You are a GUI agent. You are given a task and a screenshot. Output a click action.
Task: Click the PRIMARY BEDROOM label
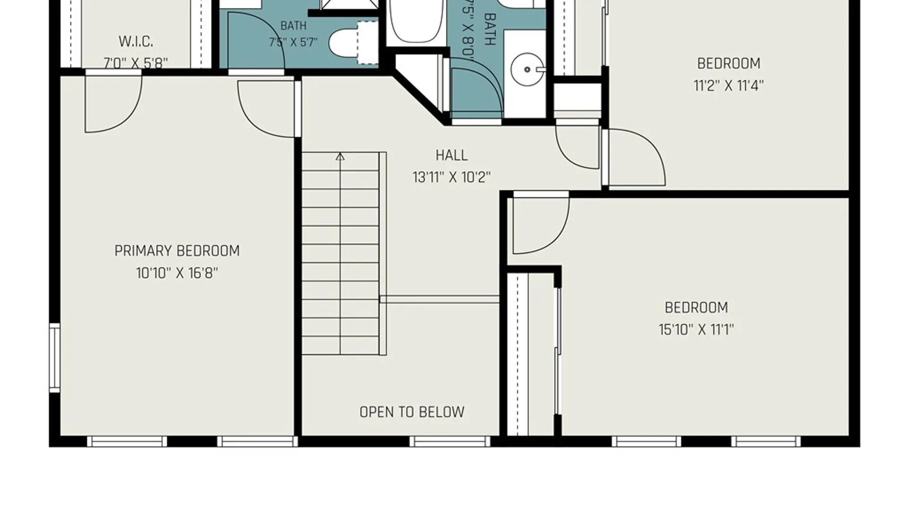(x=177, y=251)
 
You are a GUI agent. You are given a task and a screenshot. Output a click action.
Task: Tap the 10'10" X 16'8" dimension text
(x=177, y=273)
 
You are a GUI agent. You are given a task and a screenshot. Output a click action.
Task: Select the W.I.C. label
(x=136, y=42)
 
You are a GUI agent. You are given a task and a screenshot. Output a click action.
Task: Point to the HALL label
(x=452, y=155)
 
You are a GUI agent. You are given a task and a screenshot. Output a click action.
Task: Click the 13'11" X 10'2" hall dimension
(x=452, y=177)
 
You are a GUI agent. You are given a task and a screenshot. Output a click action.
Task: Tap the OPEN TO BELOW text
(x=412, y=412)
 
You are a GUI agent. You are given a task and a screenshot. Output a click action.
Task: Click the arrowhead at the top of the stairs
(x=340, y=157)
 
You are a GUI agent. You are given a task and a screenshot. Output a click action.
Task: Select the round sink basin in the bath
(x=527, y=70)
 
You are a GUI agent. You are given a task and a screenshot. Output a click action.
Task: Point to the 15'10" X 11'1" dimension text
(x=696, y=329)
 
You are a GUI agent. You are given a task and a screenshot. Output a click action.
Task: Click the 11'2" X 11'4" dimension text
(x=728, y=86)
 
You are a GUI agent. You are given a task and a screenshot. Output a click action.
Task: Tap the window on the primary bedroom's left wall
(x=55, y=358)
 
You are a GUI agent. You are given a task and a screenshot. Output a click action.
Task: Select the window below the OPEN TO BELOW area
(x=450, y=441)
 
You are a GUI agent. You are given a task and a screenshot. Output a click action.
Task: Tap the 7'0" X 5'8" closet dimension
(x=136, y=63)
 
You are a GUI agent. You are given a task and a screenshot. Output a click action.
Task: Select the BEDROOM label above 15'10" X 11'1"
(x=696, y=308)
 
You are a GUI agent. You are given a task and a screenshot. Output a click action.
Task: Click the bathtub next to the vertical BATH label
(x=416, y=21)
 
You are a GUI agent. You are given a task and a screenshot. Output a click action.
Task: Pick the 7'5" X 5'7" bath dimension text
(x=293, y=43)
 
